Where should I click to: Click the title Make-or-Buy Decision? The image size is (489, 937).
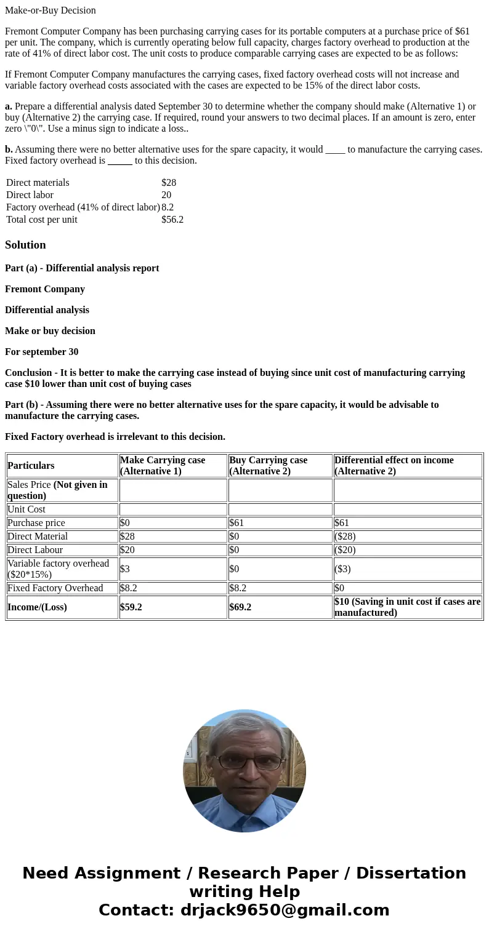pos(51,10)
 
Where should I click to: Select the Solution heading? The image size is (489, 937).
pos(25,245)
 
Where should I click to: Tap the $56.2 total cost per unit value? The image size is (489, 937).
pos(172,220)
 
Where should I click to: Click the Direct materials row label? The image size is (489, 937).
pos(38,183)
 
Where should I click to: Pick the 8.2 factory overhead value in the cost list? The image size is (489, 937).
pos(168,207)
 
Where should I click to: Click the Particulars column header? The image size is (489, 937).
pos(31,466)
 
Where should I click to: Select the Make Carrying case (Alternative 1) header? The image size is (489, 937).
pos(163,466)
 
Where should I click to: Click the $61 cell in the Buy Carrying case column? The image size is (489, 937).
pos(236,523)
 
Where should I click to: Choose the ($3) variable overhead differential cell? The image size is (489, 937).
pos(342,569)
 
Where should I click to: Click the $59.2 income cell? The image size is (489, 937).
pos(131,607)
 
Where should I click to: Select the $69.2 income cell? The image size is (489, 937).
pos(240,607)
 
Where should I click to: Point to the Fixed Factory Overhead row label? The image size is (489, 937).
pos(55,588)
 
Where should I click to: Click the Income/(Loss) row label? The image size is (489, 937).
pos(37,607)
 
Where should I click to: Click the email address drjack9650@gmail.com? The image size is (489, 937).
pos(285,910)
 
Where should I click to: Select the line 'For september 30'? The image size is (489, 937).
pos(42,352)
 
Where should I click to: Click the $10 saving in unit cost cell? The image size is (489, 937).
pos(407,607)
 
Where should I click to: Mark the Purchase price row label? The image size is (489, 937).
pos(36,523)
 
